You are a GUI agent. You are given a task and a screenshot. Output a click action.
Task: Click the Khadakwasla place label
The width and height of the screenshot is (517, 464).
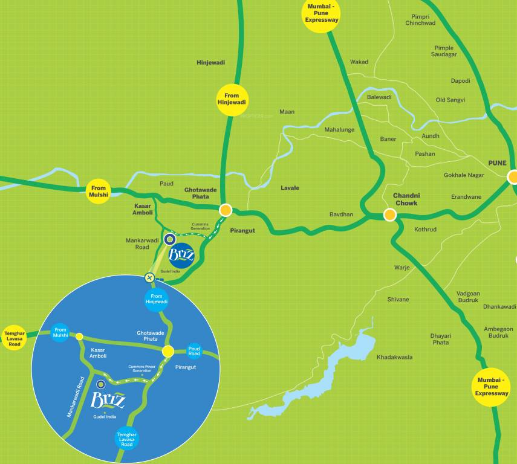394,357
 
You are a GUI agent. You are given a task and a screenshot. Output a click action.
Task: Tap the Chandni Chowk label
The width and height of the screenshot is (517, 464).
406,199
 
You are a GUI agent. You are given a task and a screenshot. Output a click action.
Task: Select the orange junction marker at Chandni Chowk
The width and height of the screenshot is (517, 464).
390,214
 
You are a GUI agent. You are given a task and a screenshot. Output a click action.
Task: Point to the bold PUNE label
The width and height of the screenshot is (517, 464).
498,163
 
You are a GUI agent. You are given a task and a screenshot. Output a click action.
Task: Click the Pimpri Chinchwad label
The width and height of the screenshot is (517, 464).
420,20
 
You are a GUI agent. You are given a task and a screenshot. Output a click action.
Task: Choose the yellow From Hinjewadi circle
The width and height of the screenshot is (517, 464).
232,99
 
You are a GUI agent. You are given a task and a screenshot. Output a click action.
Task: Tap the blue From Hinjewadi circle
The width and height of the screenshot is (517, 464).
157,299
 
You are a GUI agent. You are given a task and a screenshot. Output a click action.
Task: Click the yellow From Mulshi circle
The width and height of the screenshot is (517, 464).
99,191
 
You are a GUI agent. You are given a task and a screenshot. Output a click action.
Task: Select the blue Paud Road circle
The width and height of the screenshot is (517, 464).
194,352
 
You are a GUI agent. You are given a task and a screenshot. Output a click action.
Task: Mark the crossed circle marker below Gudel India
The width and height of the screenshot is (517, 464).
149,278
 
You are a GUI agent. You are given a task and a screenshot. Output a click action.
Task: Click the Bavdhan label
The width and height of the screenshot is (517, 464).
341,214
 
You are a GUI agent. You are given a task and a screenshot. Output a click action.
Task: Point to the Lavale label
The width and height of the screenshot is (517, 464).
290,188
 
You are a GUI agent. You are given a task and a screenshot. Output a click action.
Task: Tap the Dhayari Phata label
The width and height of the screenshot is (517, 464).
440,339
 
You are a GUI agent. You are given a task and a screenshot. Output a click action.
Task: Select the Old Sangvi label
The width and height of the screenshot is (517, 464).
450,100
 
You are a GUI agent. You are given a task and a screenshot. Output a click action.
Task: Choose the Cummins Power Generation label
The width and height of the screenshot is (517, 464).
143,369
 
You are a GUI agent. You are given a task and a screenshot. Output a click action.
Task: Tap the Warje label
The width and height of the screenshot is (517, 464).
402,267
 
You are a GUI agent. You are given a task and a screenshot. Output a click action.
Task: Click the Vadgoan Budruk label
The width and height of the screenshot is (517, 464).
468,297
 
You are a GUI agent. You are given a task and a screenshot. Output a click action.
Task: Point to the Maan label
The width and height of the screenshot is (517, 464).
287,112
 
